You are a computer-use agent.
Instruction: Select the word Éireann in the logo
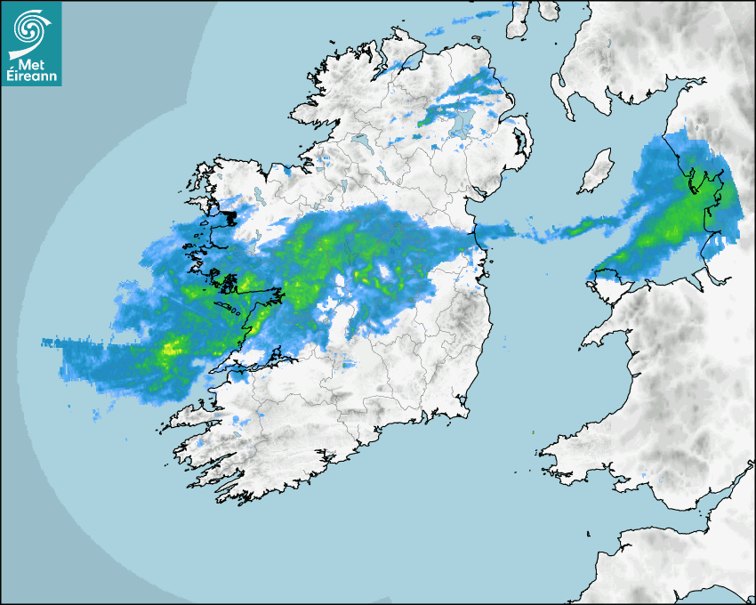(32, 77)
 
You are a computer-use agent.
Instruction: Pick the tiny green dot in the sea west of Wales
(533, 432)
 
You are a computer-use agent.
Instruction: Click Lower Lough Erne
(360, 141)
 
